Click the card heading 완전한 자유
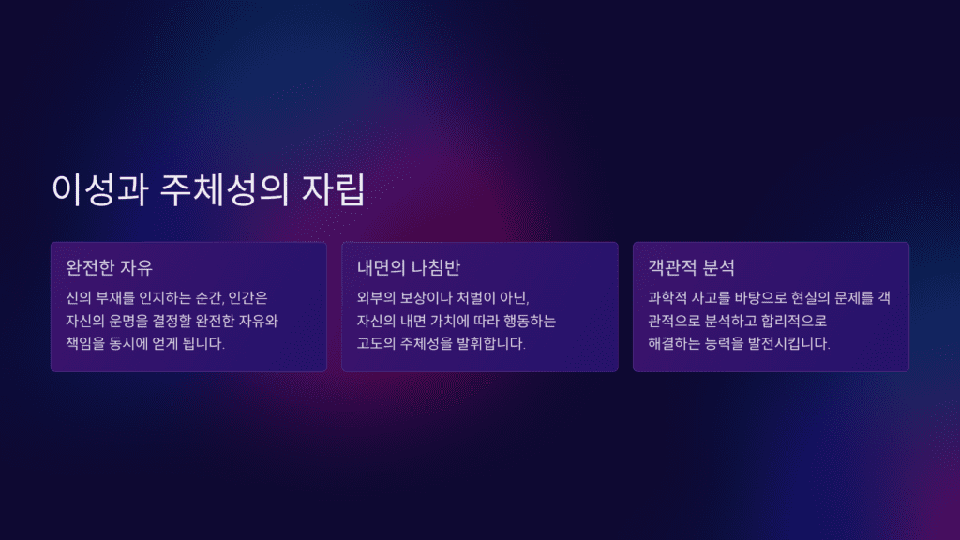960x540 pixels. [x=109, y=266]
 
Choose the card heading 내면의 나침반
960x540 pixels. [x=408, y=266]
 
